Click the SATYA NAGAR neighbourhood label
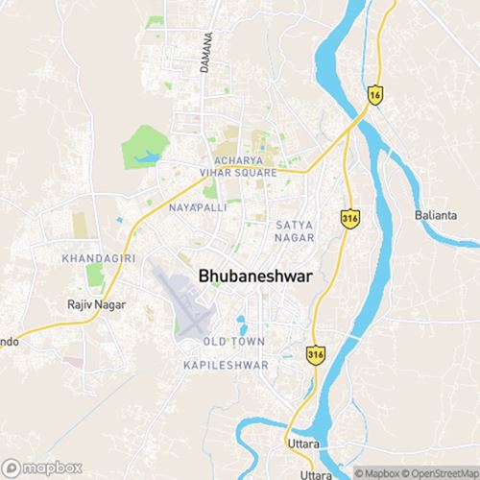click(x=294, y=230)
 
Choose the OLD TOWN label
click(x=234, y=342)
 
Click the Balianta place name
click(x=435, y=214)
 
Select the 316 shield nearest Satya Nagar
click(x=348, y=220)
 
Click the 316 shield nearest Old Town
click(x=315, y=354)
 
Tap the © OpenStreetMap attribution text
click(x=442, y=473)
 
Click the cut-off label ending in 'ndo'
click(x=7, y=341)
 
